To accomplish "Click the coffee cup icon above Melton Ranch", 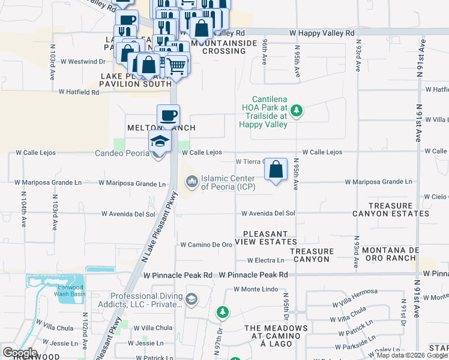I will click(x=169, y=115).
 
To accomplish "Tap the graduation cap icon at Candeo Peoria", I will click(x=160, y=142).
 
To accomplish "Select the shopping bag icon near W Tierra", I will click(x=276, y=169).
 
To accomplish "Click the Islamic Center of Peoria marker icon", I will click(x=192, y=181).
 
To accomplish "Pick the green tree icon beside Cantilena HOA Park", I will click(x=296, y=110).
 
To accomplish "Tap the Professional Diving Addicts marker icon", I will click(x=191, y=299).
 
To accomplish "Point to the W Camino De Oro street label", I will click(x=206, y=245).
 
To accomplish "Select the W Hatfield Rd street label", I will click(x=79, y=92).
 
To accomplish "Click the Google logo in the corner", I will click(x=20, y=353).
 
